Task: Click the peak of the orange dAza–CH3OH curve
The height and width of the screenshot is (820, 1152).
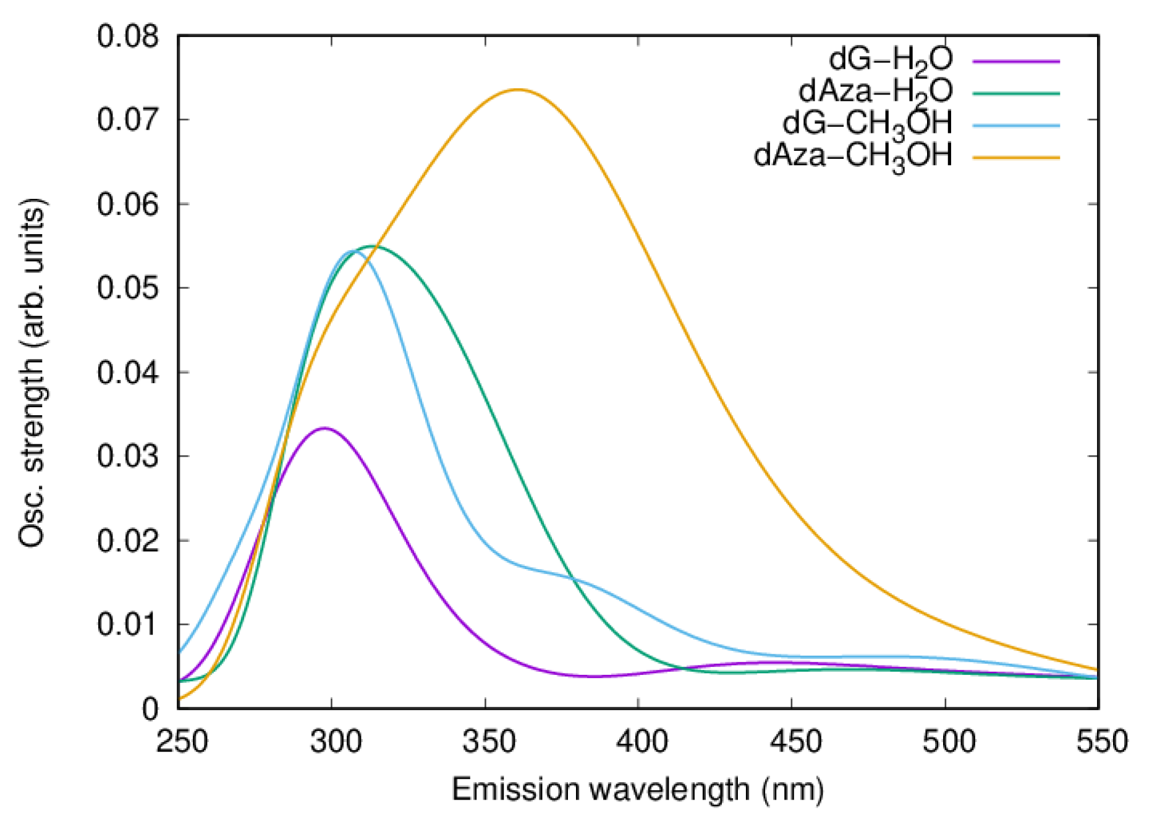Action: click(x=518, y=90)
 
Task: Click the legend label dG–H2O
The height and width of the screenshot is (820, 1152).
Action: click(x=891, y=59)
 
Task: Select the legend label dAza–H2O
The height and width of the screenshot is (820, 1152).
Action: click(x=875, y=91)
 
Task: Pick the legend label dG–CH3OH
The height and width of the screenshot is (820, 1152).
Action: click(x=867, y=124)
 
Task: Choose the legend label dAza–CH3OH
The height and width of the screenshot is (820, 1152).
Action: click(x=853, y=156)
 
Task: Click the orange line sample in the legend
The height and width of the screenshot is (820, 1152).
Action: click(x=1016, y=158)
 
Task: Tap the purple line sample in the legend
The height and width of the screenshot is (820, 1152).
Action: click(x=1016, y=61)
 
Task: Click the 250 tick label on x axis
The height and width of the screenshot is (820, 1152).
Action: click(x=181, y=741)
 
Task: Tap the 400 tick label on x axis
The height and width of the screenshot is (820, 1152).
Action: click(x=642, y=741)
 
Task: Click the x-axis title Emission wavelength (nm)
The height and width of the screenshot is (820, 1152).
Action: click(x=638, y=789)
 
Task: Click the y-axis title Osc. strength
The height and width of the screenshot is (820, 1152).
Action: click(x=32, y=373)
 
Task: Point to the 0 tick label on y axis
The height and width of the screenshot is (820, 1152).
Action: click(x=150, y=709)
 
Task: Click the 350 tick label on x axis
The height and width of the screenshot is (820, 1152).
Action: click(x=488, y=741)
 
